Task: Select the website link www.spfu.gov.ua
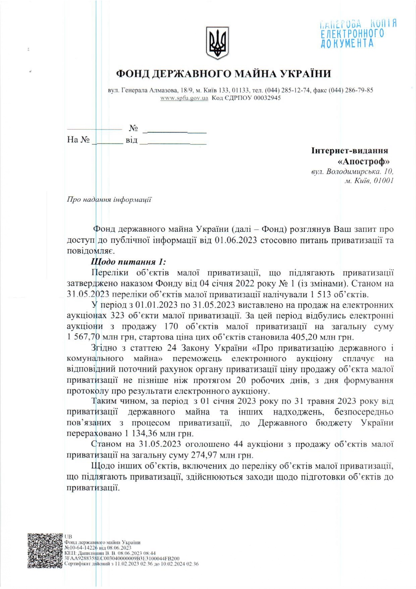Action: pyautogui.click(x=184, y=98)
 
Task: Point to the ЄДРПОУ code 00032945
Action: pyautogui.click(x=267, y=98)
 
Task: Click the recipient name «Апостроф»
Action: pyautogui.click(x=364, y=161)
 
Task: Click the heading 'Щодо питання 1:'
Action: pyautogui.click(x=128, y=262)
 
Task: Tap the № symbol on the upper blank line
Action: pyautogui.click(x=134, y=128)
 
